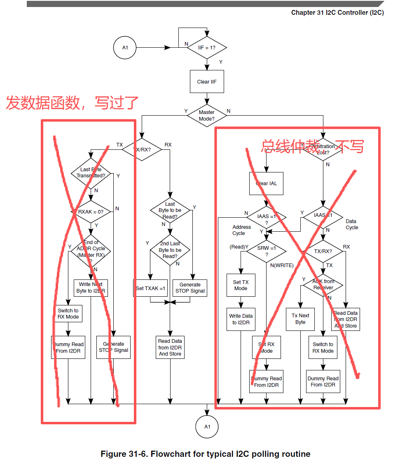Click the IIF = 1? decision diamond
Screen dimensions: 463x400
point(207,48)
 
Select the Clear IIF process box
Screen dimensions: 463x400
point(207,82)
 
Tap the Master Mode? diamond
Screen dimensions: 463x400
point(207,115)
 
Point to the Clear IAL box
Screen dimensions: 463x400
point(266,183)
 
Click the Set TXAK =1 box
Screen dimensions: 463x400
point(150,289)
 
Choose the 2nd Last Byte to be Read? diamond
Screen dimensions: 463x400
point(170,250)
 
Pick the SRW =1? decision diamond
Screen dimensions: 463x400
point(266,251)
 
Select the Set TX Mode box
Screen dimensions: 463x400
point(241,285)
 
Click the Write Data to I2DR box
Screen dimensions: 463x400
point(241,319)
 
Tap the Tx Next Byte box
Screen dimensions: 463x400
point(300,319)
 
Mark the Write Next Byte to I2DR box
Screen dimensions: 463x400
point(91,288)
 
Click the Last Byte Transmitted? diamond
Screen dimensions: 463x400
point(91,172)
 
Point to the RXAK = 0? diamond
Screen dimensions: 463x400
point(91,212)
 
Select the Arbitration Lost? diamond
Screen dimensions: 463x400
point(323,149)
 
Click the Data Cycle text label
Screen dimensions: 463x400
point(352,224)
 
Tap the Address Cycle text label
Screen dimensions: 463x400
point(241,230)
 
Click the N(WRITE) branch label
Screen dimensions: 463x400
point(282,265)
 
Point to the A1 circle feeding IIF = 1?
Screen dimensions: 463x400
point(125,48)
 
